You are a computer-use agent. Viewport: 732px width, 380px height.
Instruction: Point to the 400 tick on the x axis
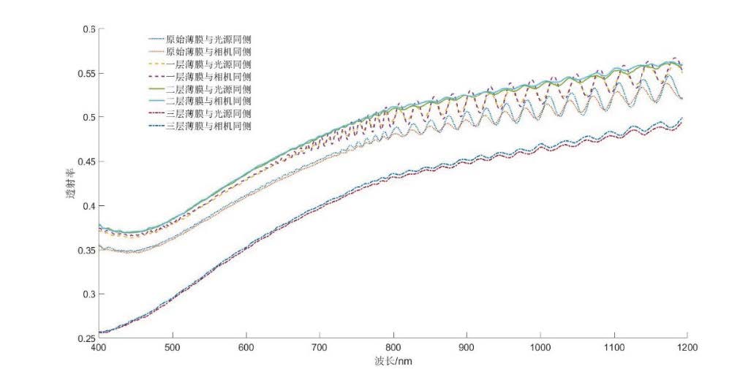(x=99, y=349)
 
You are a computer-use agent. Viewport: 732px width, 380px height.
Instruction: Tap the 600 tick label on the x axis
(x=246, y=349)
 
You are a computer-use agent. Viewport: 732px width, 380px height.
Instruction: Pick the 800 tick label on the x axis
(x=393, y=349)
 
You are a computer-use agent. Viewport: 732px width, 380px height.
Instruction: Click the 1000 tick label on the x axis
(x=540, y=349)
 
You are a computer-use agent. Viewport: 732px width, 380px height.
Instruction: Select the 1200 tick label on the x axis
(x=686, y=349)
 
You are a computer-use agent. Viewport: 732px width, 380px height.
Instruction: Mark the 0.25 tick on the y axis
(x=86, y=338)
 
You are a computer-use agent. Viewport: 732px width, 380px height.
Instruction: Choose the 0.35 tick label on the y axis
(x=86, y=250)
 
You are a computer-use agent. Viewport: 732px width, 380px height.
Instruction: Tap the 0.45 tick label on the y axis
(x=86, y=161)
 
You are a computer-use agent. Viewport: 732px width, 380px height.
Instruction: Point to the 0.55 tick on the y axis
(x=86, y=73)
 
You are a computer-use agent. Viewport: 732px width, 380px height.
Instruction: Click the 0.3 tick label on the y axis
(x=88, y=294)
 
